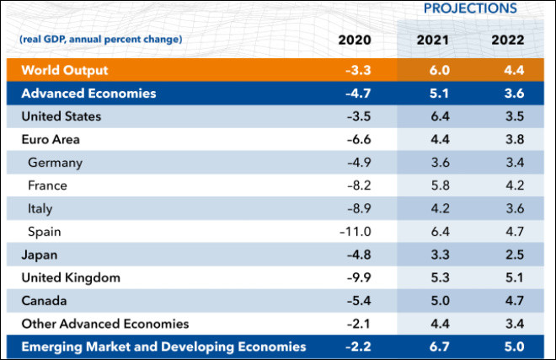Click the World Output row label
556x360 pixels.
pos(65,70)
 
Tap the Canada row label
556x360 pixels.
pos(44,300)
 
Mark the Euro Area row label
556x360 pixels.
pos(51,139)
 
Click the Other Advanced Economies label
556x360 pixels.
pos(104,324)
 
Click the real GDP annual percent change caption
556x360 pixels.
pos(100,40)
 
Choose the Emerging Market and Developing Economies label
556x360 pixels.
pos(163,347)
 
